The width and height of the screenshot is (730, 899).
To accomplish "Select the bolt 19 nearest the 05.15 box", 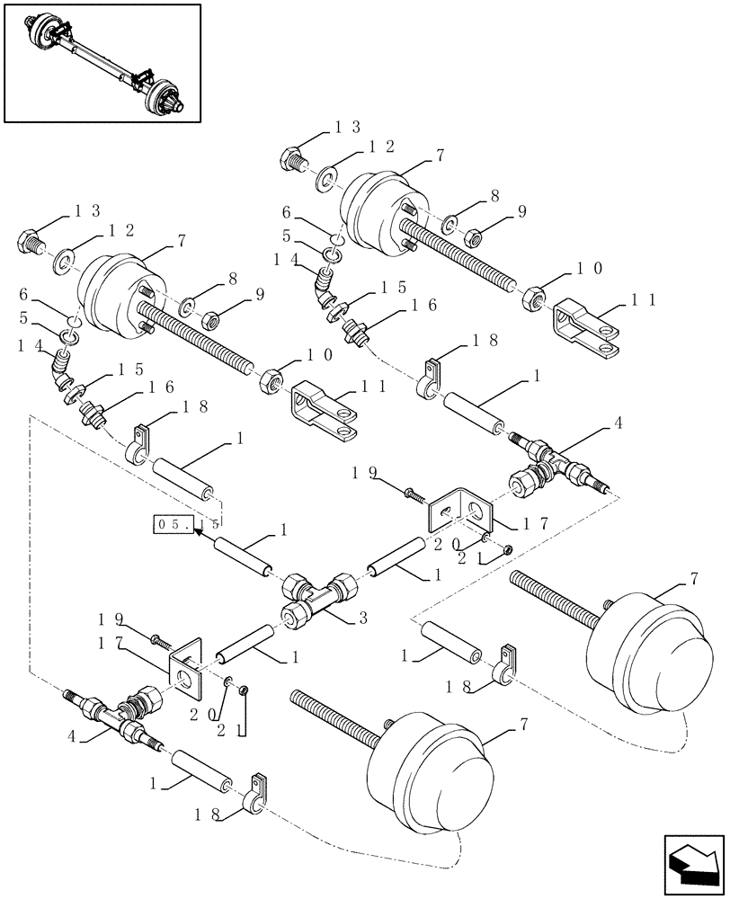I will (x=161, y=641).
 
